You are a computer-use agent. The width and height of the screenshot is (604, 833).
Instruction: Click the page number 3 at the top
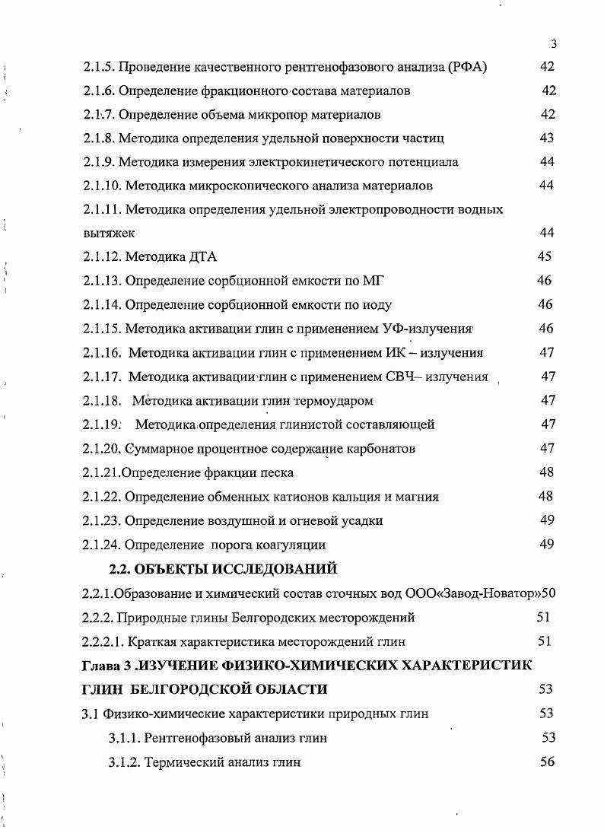pyautogui.click(x=554, y=43)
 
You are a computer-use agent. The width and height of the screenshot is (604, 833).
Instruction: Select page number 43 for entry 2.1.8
pyautogui.click(x=546, y=138)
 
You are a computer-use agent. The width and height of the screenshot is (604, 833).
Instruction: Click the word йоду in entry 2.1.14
pyautogui.click(x=377, y=305)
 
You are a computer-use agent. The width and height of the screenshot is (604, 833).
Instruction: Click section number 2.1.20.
pyautogui.click(x=103, y=448)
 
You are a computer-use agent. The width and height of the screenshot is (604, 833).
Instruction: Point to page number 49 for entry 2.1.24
pyautogui.click(x=546, y=545)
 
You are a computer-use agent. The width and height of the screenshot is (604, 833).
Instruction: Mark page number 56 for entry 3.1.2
pyautogui.click(x=548, y=762)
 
